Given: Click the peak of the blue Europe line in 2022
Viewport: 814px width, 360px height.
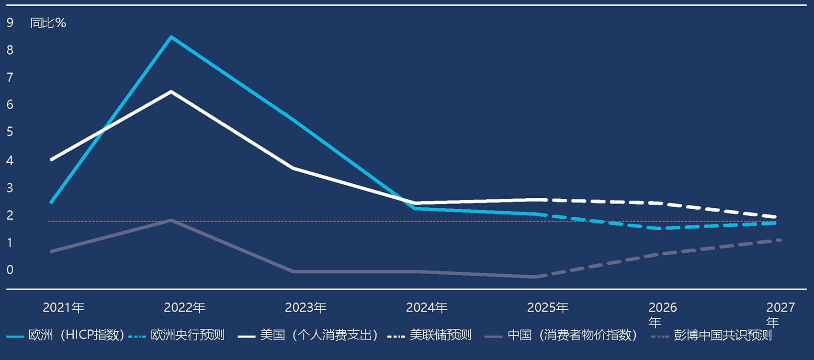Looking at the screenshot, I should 171,37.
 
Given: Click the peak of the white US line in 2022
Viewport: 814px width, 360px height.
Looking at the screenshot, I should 171,91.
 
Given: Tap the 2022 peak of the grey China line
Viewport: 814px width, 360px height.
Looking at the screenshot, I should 171,220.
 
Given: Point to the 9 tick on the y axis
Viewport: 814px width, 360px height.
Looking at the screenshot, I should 10,22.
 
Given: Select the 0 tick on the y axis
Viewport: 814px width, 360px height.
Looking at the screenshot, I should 10,270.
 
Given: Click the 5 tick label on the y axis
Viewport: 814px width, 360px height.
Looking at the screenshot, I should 10,132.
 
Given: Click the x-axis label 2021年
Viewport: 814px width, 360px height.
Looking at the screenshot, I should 63,307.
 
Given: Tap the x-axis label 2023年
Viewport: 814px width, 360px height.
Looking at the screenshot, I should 305,307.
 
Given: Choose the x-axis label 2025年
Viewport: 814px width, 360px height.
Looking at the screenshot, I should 548,307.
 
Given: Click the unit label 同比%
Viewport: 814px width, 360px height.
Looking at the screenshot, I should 48,22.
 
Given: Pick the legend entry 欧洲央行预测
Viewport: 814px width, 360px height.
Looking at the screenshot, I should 187,335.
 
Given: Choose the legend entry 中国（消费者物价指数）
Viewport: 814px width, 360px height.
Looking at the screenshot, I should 572,335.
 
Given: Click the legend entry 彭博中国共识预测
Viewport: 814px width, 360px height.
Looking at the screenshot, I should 723,335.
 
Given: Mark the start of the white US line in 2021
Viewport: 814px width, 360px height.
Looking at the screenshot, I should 51,160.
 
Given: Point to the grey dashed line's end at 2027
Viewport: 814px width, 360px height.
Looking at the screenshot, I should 780,240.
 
